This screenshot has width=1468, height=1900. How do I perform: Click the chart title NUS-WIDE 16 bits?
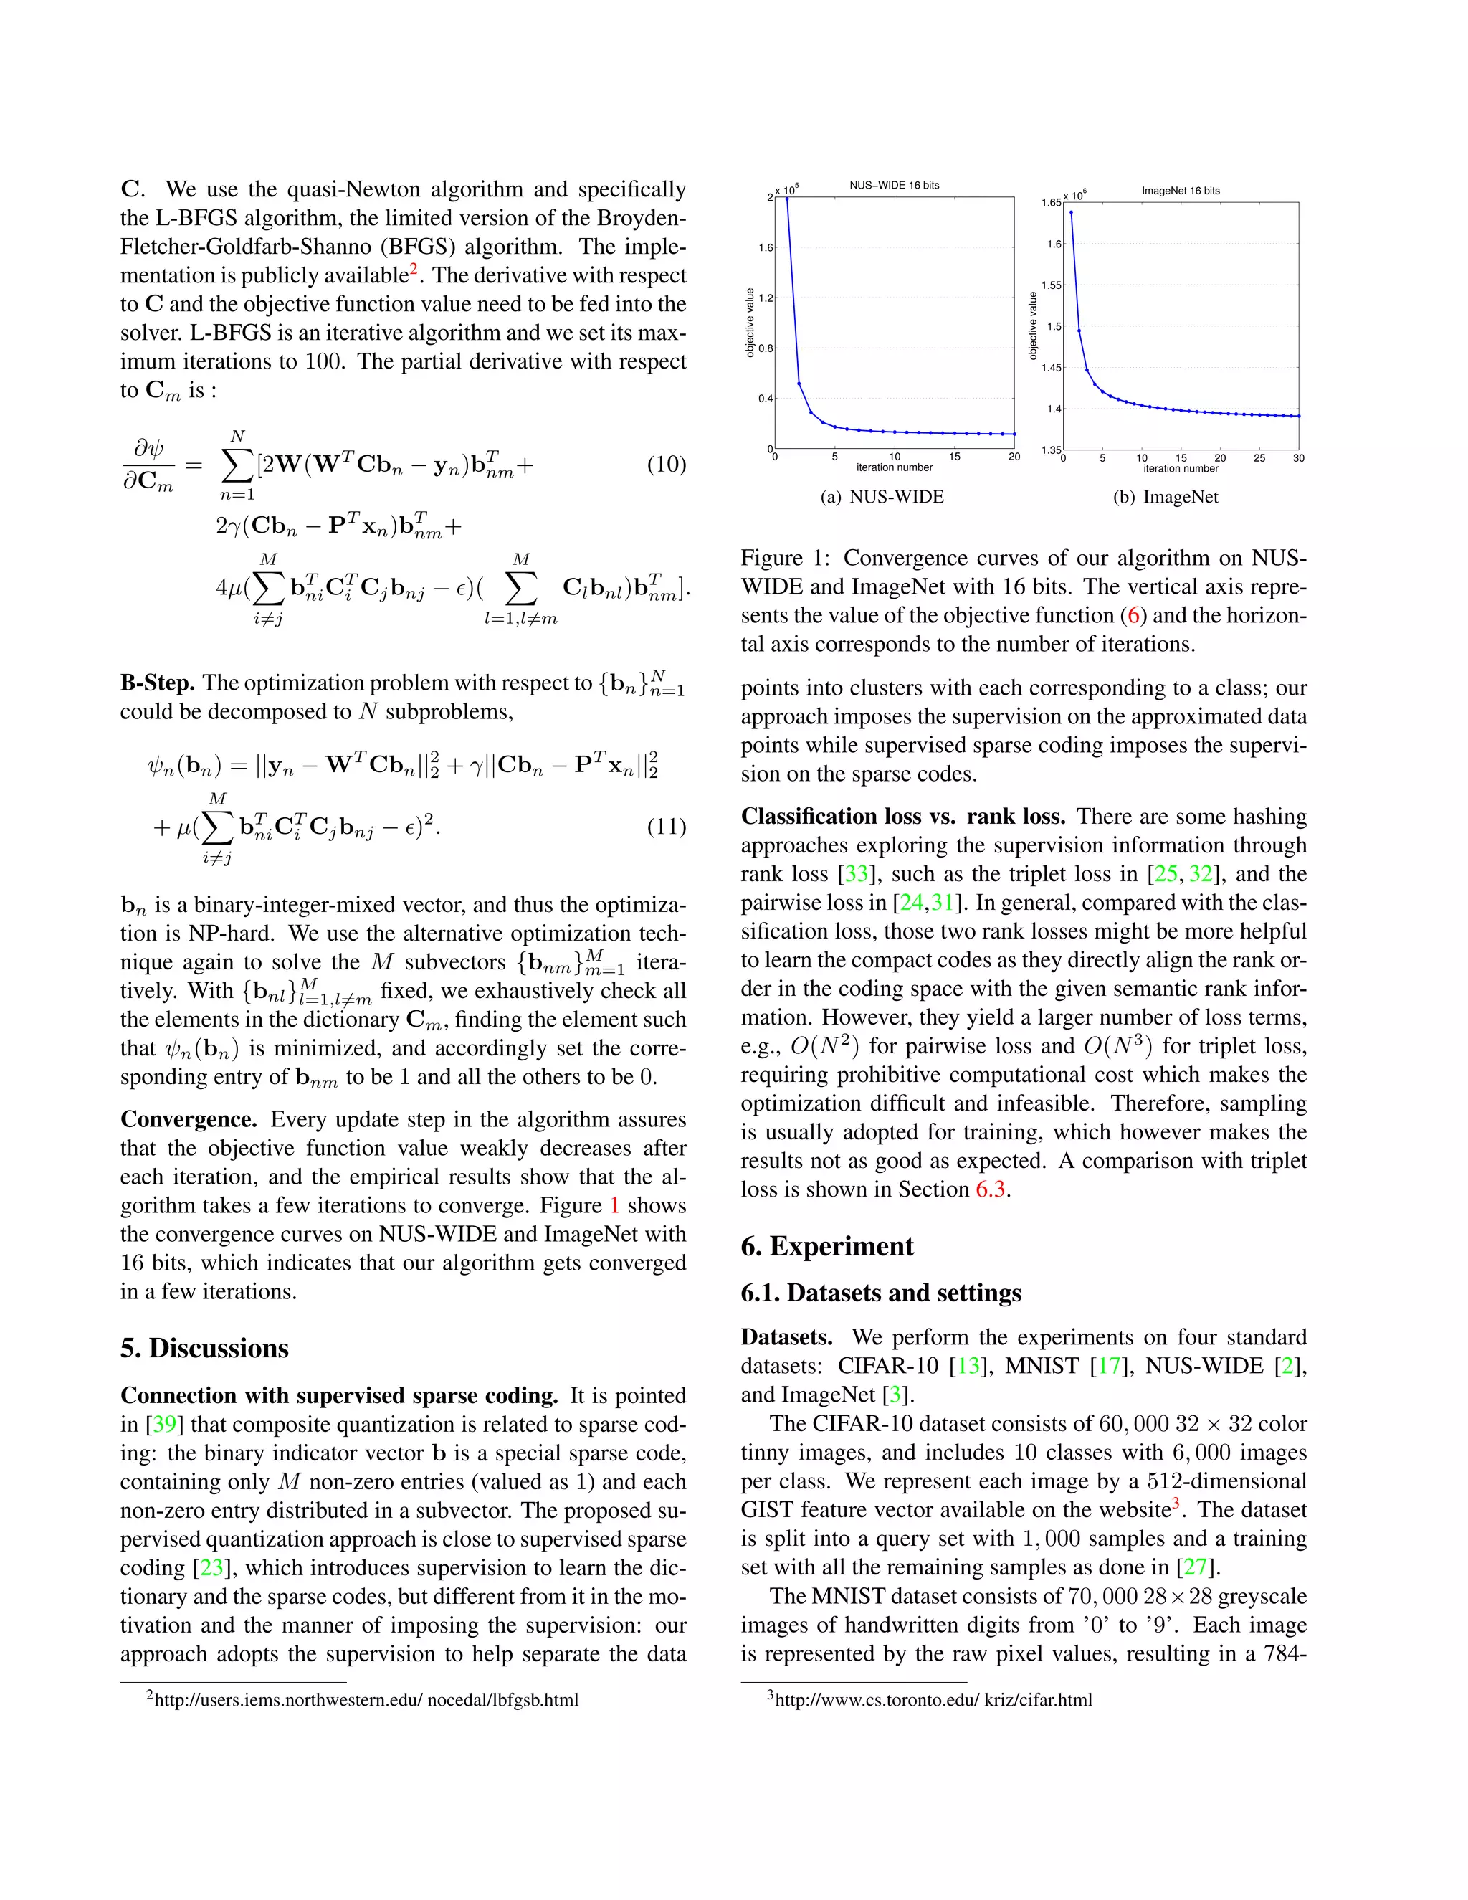[x=894, y=185]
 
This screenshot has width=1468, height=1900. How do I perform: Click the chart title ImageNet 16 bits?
[x=1180, y=191]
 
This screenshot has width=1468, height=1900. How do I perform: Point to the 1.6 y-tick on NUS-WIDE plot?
[x=766, y=248]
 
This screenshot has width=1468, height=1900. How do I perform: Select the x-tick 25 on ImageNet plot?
[x=1259, y=457]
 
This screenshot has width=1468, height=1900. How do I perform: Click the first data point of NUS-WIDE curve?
[x=787, y=199]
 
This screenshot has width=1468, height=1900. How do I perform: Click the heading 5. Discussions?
[x=204, y=1348]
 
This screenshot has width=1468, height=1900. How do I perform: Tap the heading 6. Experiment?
[x=826, y=1246]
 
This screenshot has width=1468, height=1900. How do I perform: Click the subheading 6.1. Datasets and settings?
[x=880, y=1293]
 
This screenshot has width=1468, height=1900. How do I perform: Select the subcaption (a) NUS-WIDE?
[x=882, y=497]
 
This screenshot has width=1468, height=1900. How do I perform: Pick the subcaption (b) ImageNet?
[x=1166, y=497]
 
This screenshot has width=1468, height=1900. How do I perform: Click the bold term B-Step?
[x=158, y=683]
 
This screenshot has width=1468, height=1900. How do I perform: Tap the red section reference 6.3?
[x=991, y=1189]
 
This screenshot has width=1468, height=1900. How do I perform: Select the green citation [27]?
[x=1196, y=1567]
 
